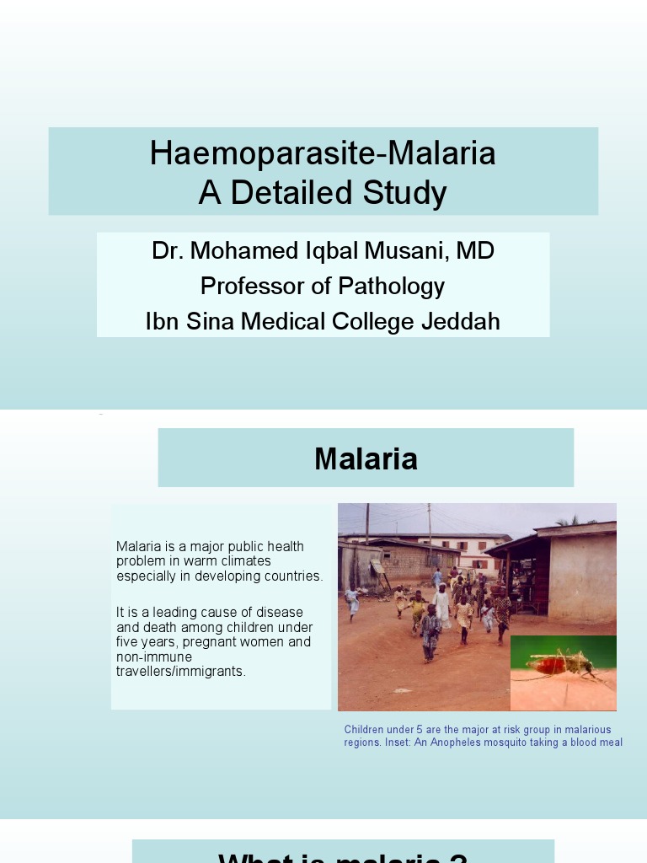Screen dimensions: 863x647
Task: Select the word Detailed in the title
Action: pos(294,193)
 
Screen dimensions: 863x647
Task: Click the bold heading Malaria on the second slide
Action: pos(366,458)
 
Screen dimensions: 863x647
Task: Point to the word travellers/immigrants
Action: pos(181,672)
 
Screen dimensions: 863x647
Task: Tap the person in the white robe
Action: pos(442,604)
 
